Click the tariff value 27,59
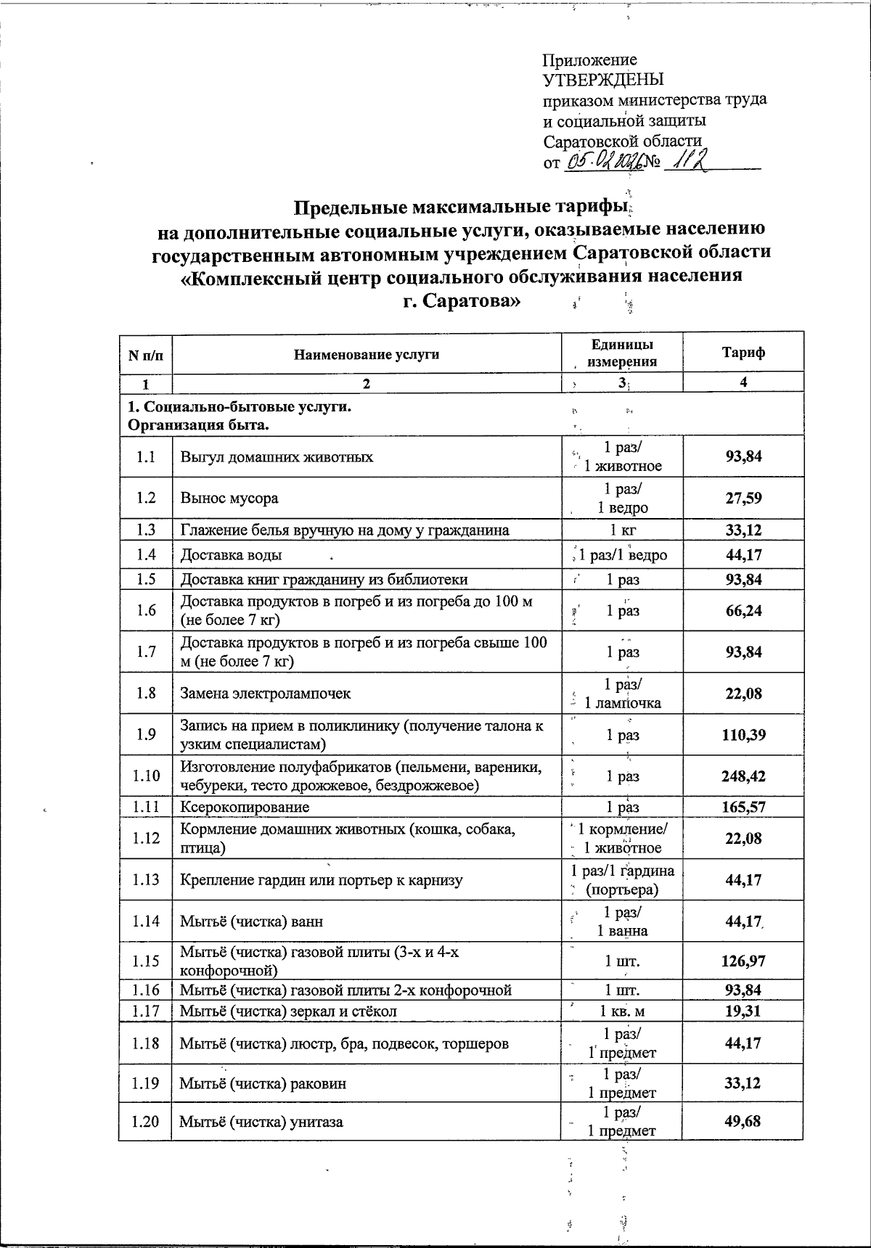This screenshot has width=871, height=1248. click(x=743, y=498)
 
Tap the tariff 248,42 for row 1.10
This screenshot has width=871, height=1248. click(x=743, y=776)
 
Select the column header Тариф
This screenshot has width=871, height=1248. click(x=743, y=353)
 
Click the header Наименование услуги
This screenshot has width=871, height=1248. click(x=367, y=353)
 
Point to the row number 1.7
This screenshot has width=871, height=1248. click(x=145, y=652)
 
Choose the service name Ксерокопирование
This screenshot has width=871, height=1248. click(x=245, y=807)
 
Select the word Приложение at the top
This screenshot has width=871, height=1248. click(x=590, y=60)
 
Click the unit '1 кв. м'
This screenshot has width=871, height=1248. click(x=622, y=1011)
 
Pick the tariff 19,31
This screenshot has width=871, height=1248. click(x=743, y=1011)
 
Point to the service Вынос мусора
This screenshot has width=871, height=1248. click(x=229, y=498)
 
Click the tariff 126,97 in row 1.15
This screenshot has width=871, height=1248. click(x=743, y=961)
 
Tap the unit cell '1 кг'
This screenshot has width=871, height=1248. click(x=622, y=530)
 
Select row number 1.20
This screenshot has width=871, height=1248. click(x=145, y=1121)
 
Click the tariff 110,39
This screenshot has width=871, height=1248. click(x=743, y=734)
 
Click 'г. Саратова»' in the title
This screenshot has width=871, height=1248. click(x=462, y=300)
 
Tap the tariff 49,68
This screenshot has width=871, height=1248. click(x=743, y=1121)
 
